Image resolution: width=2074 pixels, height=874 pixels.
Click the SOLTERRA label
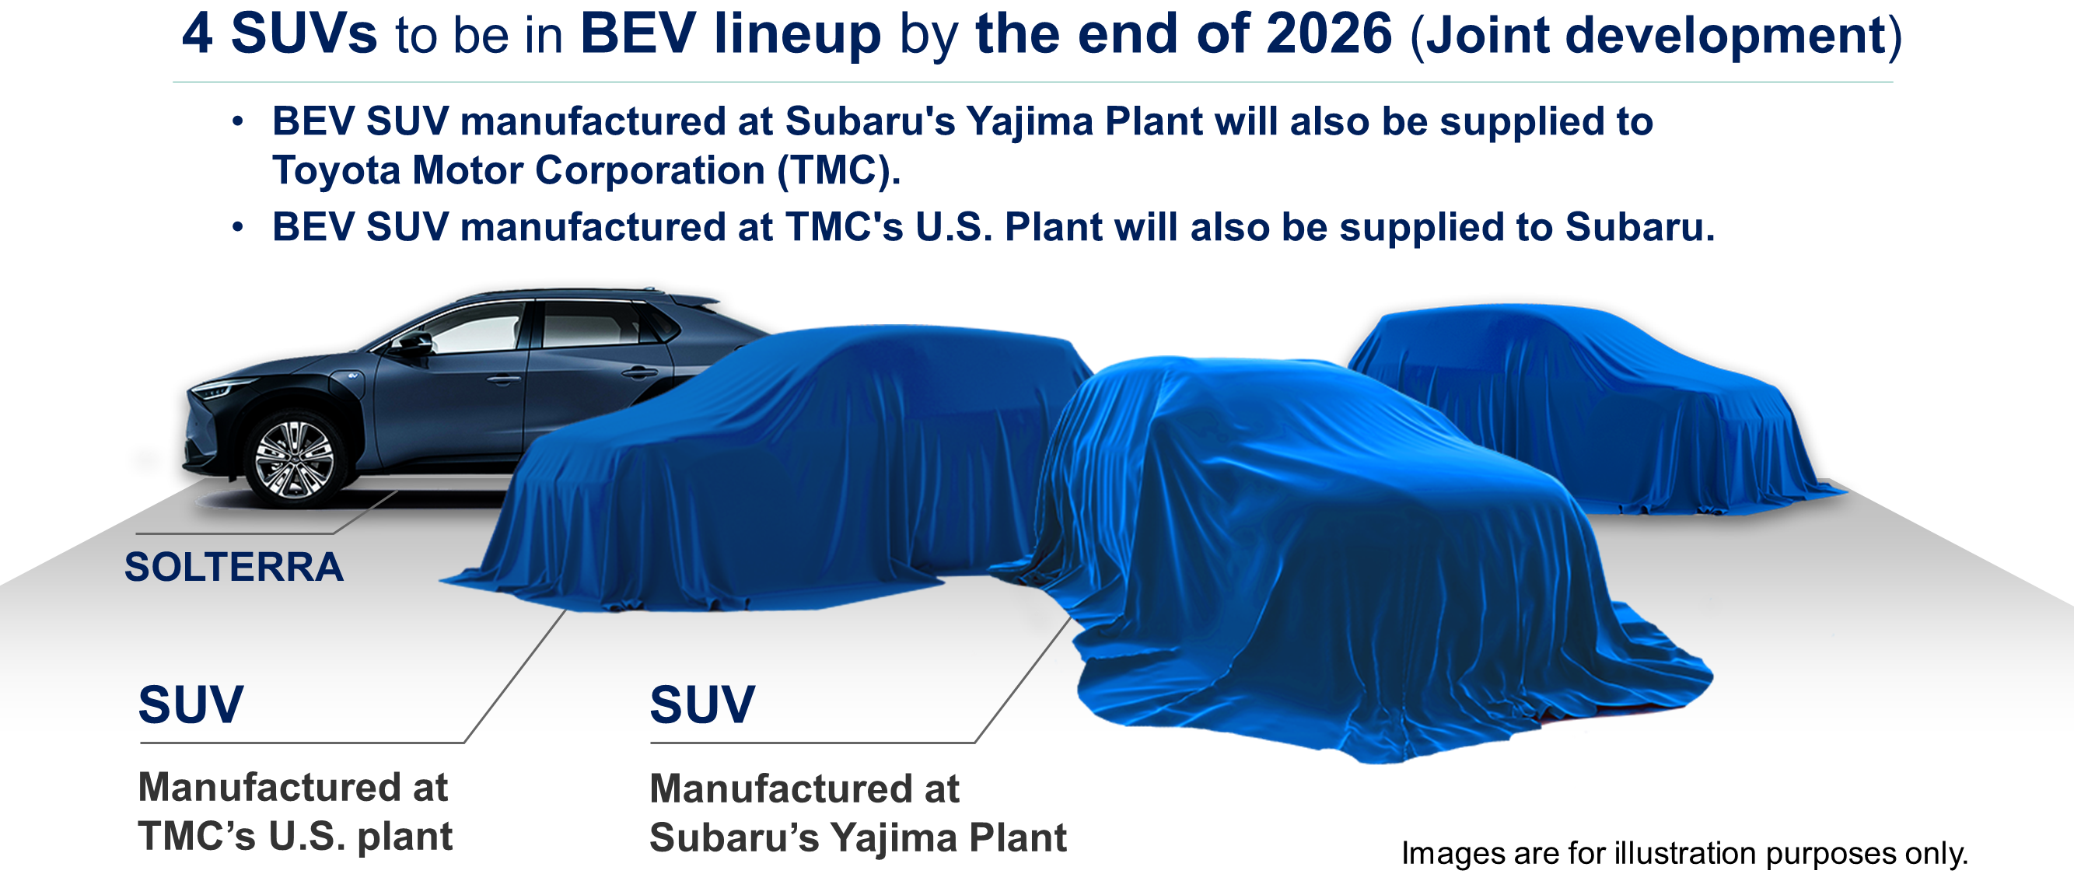coord(233,568)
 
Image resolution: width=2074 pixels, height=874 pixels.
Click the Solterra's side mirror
coord(414,344)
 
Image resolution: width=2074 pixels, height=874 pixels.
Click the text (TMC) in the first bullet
coord(838,170)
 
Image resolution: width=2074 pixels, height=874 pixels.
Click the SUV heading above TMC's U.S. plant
coord(191,705)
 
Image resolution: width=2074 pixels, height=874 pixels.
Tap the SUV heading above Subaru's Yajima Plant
coord(702,705)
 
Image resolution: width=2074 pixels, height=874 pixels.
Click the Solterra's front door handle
coord(503,379)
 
